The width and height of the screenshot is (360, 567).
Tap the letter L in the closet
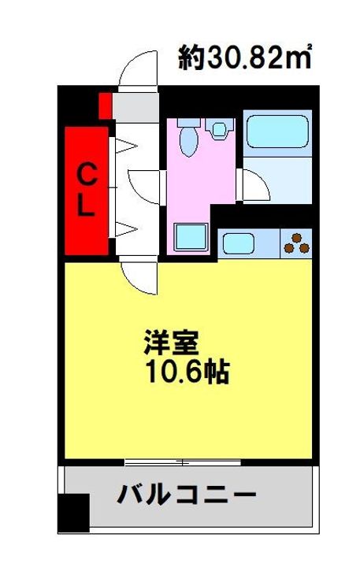point(86,207)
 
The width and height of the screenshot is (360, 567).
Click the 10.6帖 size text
point(185,372)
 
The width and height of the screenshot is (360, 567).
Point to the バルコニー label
point(187,495)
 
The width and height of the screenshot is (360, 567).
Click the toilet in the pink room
point(187,137)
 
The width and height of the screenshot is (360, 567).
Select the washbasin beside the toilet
point(218,128)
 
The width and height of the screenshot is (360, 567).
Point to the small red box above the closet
point(104,104)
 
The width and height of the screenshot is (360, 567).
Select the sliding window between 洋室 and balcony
point(182,461)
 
